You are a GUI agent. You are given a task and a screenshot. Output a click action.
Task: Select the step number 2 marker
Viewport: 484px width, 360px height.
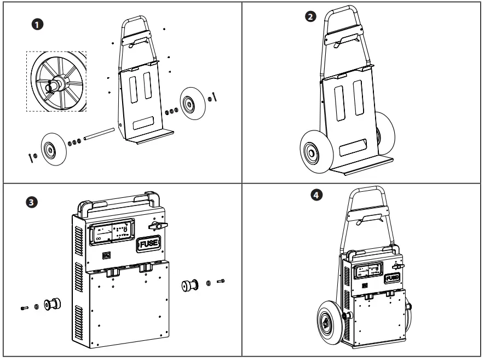coord(310,17)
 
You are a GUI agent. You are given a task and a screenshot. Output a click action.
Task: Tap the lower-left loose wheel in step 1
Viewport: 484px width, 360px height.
coord(54,148)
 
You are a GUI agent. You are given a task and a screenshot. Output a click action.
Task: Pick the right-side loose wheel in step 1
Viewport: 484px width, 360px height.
coord(192,103)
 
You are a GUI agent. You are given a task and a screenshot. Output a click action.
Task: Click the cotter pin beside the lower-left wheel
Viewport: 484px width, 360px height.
coord(28,158)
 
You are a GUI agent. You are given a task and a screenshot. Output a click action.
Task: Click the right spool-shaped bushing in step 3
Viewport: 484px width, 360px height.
coord(192,287)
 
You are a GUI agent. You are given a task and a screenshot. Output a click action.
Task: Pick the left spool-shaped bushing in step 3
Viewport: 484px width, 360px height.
coord(54,304)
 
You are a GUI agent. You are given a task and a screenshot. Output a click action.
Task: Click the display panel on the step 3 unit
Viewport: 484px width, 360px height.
coord(112,233)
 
